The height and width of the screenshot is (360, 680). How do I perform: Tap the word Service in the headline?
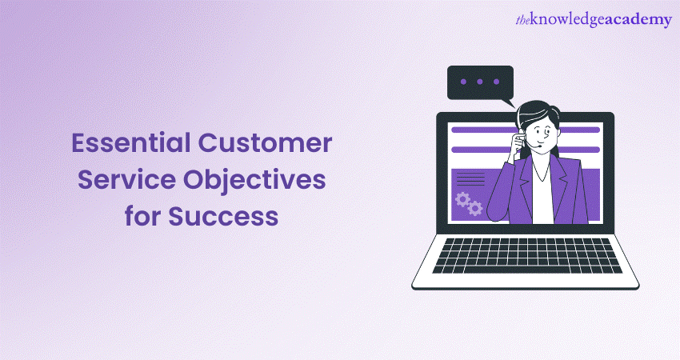pyautogui.click(x=120, y=181)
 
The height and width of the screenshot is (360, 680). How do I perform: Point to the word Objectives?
pyautogui.click(x=255, y=181)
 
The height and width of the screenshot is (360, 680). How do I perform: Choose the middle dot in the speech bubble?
pyautogui.click(x=478, y=82)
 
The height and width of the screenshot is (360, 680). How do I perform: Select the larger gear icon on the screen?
pyautogui.click(x=462, y=198)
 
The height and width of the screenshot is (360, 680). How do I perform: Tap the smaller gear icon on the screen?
pyautogui.click(x=475, y=209)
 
